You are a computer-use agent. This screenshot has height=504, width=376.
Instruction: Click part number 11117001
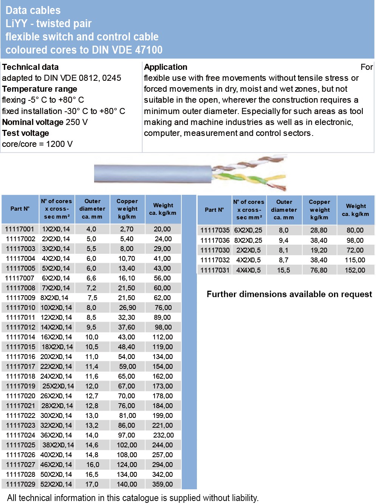pyautogui.click(x=20, y=229)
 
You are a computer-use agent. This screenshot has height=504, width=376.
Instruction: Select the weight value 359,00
pyautogui.click(x=162, y=484)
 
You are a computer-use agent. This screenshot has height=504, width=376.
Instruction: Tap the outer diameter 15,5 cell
pyautogui.click(x=283, y=270)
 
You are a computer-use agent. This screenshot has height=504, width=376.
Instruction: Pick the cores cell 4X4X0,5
pyautogui.click(x=249, y=270)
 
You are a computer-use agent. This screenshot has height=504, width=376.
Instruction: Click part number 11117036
pyautogui.click(x=215, y=240)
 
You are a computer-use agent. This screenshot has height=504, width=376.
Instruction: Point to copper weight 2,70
pyautogui.click(x=127, y=229)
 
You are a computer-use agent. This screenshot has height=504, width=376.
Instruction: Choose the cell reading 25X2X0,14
pyautogui.click(x=58, y=386)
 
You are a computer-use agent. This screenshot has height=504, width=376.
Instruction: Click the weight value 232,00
pyautogui.click(x=163, y=435)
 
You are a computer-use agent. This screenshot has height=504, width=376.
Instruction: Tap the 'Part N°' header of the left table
pyautogui.click(x=20, y=209)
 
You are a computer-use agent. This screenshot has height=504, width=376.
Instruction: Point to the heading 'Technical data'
pyautogui.click(x=30, y=67)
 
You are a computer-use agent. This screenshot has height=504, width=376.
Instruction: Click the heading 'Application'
pyautogui.click(x=166, y=67)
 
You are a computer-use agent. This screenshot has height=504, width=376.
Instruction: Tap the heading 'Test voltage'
pyautogui.click(x=26, y=133)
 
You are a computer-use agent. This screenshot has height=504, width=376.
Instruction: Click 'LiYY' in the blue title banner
pyautogui.click(x=16, y=24)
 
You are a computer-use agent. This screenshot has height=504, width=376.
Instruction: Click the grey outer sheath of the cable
pyautogui.click(x=151, y=174)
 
